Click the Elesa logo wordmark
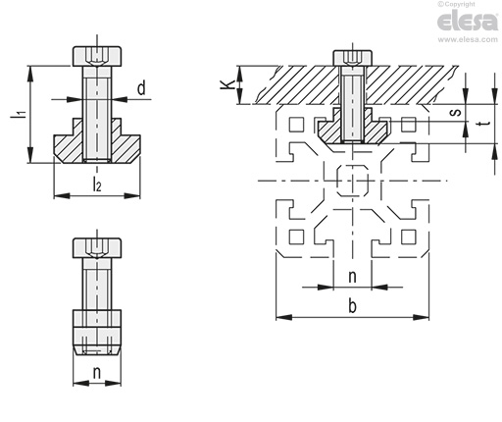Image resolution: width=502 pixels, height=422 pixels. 468,22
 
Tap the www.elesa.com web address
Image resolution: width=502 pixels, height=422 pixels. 468,39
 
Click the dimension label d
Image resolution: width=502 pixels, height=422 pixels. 141,88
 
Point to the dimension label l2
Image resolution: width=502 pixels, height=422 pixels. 97,185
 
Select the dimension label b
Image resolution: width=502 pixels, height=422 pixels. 352,306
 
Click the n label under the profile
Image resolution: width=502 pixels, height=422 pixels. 352,277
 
